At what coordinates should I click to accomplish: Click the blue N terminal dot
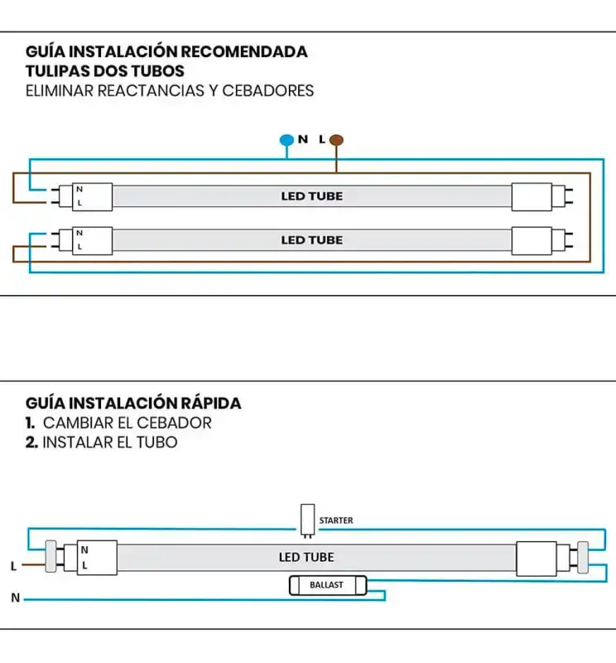coord(286,140)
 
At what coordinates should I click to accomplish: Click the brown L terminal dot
coord(337,140)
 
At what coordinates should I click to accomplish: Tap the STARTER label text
coord(336,520)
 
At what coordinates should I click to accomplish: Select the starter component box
coord(308,520)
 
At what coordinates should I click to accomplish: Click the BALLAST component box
coord(326,585)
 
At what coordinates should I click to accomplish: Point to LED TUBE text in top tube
coord(311,196)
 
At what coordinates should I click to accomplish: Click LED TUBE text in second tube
coord(311,240)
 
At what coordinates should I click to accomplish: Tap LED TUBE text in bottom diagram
coord(306,557)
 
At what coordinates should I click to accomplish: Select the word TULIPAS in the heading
coord(58,70)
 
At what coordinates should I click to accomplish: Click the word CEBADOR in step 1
coord(174,423)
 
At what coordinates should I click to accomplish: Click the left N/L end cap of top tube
coord(91,196)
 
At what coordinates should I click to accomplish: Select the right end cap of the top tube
coord(532,196)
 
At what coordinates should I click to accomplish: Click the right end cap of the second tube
coord(532,240)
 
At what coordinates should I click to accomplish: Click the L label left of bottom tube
coord(13,567)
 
